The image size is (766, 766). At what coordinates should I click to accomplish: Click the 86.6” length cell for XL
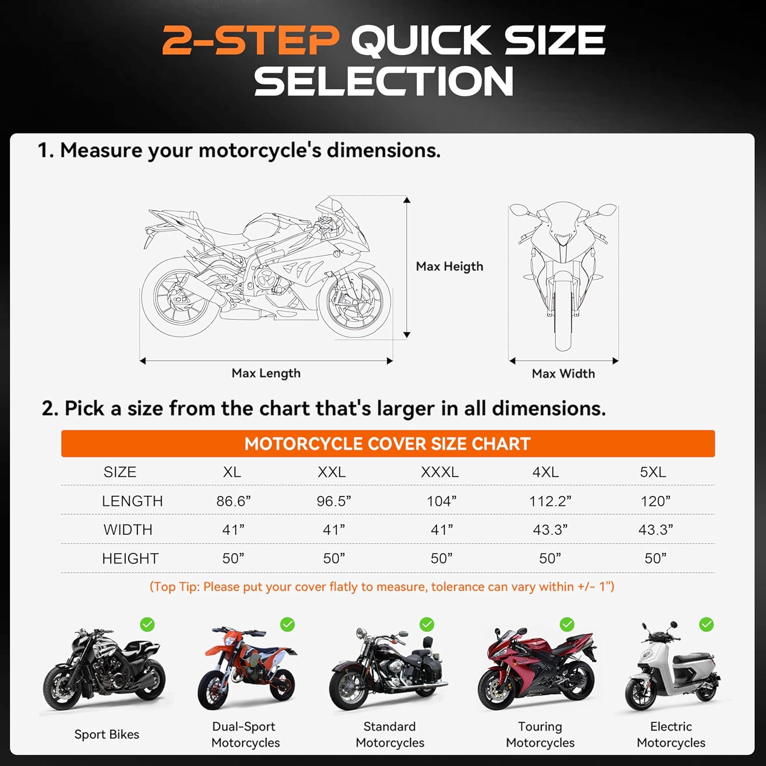tap(233, 501)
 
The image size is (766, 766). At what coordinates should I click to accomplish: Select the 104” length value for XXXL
tap(442, 501)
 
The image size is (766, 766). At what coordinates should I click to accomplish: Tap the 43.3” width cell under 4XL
tap(550, 530)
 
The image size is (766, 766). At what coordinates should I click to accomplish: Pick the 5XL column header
tap(653, 472)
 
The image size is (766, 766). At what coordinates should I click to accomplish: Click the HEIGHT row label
tap(130, 558)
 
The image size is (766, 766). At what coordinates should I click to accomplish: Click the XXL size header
tap(331, 472)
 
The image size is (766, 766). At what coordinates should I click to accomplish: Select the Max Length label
tap(266, 373)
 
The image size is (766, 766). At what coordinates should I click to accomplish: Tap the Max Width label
tap(563, 373)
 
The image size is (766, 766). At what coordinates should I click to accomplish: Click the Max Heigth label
tap(449, 266)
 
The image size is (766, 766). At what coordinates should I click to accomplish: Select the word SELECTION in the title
tap(384, 81)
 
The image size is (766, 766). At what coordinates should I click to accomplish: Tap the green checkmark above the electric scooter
tap(706, 624)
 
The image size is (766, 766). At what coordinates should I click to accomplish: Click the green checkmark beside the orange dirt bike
tap(288, 624)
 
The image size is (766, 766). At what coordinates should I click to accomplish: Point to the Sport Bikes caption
tap(107, 734)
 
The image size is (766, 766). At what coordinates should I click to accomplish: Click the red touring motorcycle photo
tap(536, 669)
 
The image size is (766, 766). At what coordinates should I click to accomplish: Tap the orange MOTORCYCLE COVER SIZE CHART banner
tap(388, 443)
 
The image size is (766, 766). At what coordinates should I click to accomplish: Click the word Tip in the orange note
tap(188, 587)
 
